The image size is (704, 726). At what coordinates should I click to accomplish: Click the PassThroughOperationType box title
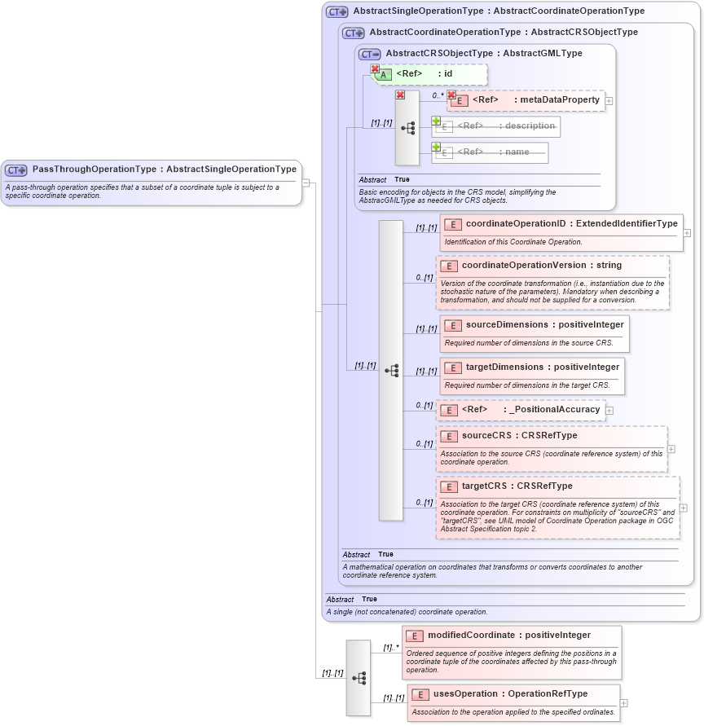164,169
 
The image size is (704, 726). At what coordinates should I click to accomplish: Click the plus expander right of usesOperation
624,702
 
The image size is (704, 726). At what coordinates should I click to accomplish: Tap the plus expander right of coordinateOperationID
687,233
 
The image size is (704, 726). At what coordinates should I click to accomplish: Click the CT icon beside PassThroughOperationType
16,170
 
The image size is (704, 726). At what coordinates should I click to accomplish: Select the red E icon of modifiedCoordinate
414,636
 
